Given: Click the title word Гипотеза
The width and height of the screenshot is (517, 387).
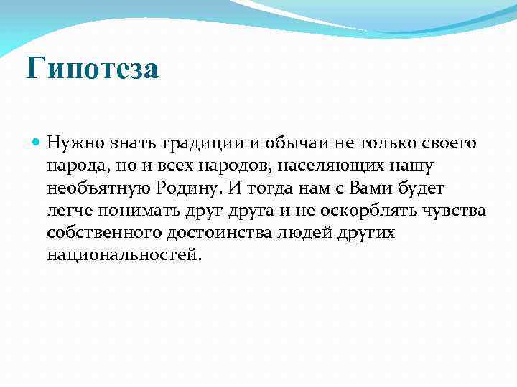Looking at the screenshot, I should (x=92, y=70).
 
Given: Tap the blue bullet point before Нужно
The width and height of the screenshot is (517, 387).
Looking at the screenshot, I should (x=37, y=143).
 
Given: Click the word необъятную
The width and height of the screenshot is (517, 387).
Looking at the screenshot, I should (x=99, y=188).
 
